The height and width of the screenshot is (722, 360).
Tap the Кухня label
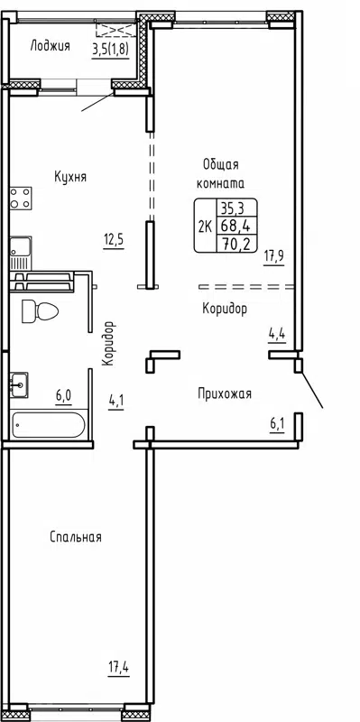69,178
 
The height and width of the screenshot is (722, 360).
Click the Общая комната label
220,172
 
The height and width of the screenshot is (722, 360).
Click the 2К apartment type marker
205,226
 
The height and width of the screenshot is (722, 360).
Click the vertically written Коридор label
109,343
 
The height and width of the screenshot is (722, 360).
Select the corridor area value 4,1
116,400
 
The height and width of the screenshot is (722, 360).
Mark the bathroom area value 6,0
63,394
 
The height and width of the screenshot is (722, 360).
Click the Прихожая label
225,393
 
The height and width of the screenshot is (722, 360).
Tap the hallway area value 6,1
276,422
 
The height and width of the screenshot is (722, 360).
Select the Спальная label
75,537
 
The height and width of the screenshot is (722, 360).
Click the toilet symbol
39,311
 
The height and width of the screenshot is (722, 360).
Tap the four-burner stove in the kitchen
21,198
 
